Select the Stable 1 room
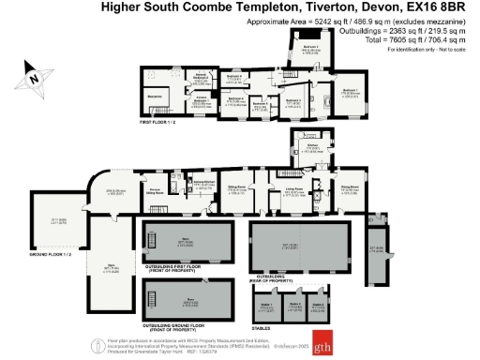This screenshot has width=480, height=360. point(267,305)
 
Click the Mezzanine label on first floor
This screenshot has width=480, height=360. point(155,96)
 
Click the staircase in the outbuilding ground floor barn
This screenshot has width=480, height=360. point(154,296)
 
